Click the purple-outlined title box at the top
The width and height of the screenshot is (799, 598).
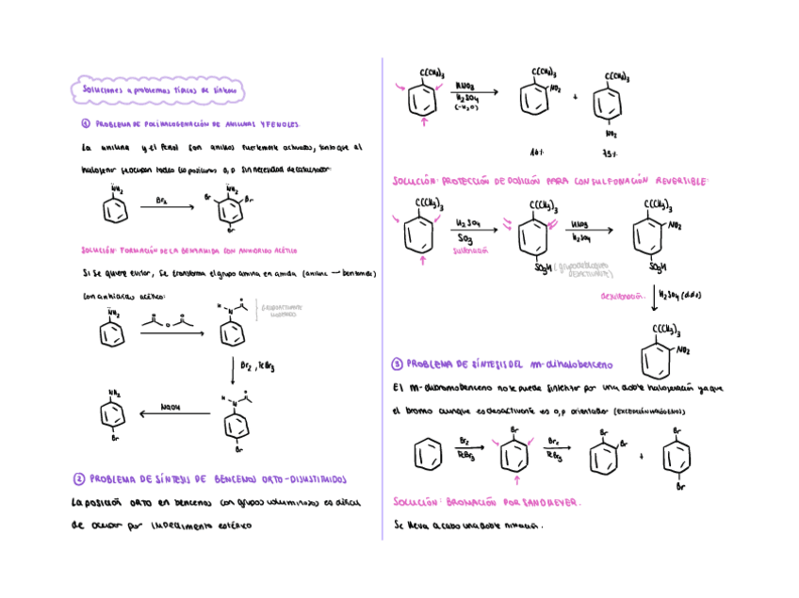coord(159,90)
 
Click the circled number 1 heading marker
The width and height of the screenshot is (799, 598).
coord(85,124)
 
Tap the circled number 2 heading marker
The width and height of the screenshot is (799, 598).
coord(80,477)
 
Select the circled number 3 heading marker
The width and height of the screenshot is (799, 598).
coord(398,364)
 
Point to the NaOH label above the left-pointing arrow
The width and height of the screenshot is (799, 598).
coord(171,407)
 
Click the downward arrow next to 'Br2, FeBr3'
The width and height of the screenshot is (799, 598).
coord(233,369)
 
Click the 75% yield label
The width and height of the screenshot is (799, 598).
coord(610,153)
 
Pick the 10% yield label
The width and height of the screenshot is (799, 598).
coord(538,152)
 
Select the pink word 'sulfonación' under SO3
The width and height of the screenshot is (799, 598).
coord(470,251)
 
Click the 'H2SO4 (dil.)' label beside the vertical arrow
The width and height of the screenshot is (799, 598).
coord(679,295)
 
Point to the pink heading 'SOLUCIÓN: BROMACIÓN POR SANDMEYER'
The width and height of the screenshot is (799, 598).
coord(487,502)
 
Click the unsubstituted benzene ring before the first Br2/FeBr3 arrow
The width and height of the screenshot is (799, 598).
coord(427,456)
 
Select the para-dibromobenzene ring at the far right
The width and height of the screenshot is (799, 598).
coord(676,458)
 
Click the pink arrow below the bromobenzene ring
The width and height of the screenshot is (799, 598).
coord(515,480)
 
